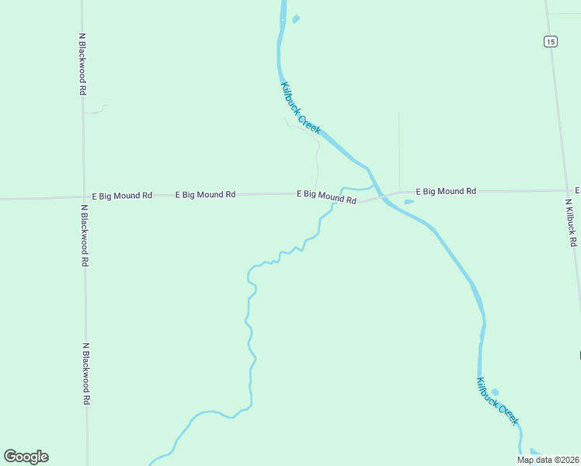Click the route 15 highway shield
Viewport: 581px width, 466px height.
[x=550, y=42]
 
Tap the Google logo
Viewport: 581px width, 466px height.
[x=26, y=457]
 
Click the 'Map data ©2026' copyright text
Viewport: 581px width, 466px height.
[x=548, y=460]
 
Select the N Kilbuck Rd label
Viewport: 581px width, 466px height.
[x=571, y=222]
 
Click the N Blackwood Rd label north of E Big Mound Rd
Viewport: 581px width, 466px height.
[x=82, y=63]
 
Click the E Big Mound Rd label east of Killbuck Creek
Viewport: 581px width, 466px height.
[x=445, y=191]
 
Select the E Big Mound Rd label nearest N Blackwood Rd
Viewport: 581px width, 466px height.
[x=121, y=196]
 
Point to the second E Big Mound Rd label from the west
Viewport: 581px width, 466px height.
[x=205, y=195]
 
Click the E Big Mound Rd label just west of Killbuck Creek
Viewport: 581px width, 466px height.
[x=326, y=196]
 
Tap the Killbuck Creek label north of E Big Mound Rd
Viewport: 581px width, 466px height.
[x=301, y=108]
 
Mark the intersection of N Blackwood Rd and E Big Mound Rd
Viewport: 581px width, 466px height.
[x=84, y=197]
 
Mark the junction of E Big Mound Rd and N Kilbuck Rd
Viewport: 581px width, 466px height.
[x=567, y=190]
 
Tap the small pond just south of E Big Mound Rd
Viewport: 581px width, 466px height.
[x=409, y=203]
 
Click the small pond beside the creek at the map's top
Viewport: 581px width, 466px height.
[x=295, y=19]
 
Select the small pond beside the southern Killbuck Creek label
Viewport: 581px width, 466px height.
[x=496, y=392]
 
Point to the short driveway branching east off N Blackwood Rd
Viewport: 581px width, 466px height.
[x=96, y=110]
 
